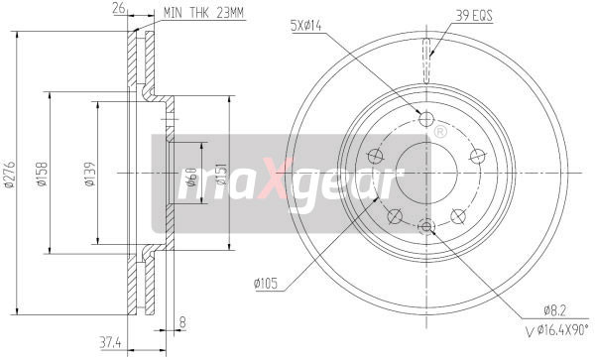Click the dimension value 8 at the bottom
(x=182, y=320)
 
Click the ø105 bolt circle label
(x=266, y=285)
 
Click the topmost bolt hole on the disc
(x=427, y=120)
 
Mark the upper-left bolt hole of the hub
(x=376, y=156)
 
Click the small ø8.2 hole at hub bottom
(x=427, y=227)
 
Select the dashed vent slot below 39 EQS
(x=427, y=49)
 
